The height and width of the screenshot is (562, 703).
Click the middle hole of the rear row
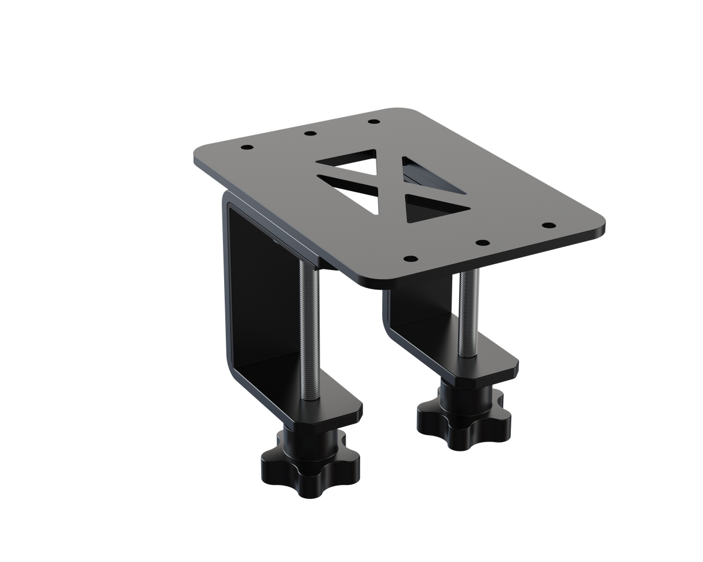click(x=310, y=134)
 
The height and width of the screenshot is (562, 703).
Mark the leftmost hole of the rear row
click(x=247, y=148)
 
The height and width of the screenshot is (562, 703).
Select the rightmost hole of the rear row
click(x=373, y=122)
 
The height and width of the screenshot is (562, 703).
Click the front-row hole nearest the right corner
click(x=548, y=225)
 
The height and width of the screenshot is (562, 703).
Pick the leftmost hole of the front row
click(x=411, y=258)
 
